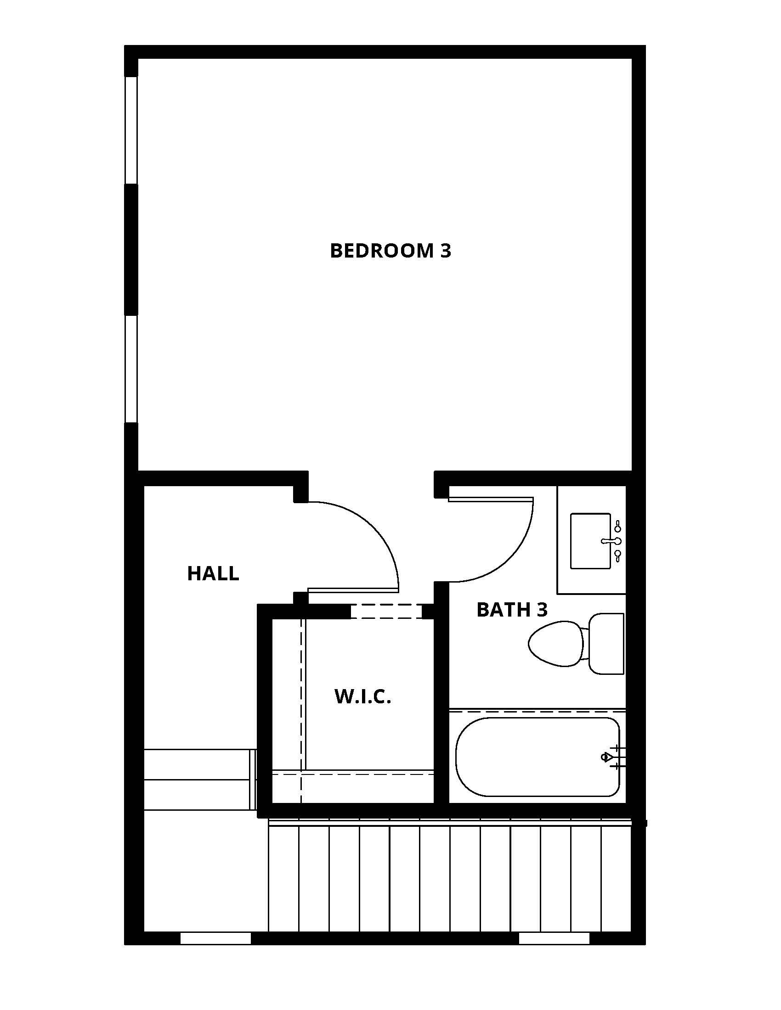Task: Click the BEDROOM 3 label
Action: click(390, 251)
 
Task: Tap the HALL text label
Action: click(213, 573)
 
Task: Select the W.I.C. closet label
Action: click(363, 696)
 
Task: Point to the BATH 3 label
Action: click(512, 610)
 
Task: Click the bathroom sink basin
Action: click(590, 541)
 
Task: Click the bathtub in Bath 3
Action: click(537, 757)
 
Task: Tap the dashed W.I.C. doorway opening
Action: click(386, 612)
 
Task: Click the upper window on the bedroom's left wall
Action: click(131, 130)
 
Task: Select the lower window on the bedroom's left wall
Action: click(131, 369)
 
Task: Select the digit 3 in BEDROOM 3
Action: click(445, 251)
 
